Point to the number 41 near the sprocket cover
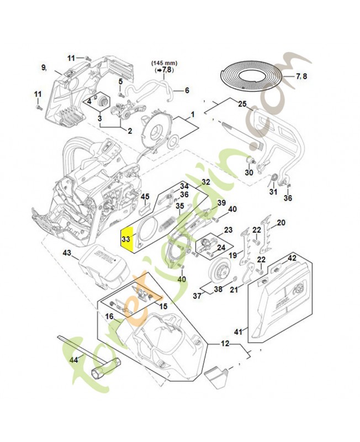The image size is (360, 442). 239,332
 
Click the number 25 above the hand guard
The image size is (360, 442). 241,103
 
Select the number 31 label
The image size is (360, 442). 273,192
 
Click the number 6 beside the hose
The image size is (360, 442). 186,90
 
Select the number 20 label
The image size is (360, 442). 280,223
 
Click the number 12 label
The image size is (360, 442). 225,344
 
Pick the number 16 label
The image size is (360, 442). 109,317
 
